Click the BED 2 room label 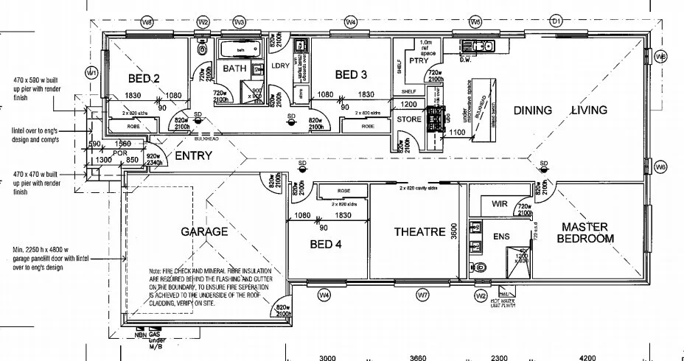[x=144, y=78]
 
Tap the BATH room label [x=235, y=69]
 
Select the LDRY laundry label [x=280, y=66]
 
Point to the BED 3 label [x=351, y=74]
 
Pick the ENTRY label [x=193, y=156]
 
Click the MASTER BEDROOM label [x=585, y=233]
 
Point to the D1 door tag [x=557, y=22]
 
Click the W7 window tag [x=422, y=295]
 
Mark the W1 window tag [x=91, y=72]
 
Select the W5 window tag [x=475, y=22]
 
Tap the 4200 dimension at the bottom [x=587, y=358]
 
